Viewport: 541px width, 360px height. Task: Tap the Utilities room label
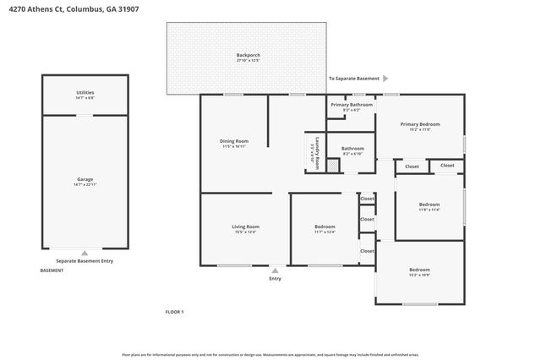tap(85, 91)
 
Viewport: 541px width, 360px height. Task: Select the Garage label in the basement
tap(85, 179)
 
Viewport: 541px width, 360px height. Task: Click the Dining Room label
tap(234, 140)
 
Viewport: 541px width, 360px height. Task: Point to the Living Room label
tap(245, 226)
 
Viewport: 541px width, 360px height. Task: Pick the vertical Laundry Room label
tap(317, 153)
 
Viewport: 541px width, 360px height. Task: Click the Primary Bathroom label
tap(351, 106)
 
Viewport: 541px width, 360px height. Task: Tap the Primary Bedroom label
tap(420, 124)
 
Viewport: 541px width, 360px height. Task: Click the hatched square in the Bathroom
tap(333, 166)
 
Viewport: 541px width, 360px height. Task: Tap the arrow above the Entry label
tap(275, 270)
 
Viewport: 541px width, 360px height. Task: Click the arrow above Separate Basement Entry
tap(84, 253)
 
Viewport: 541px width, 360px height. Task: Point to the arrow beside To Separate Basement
tap(385, 78)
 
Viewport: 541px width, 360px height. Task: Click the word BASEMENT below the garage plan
tap(52, 270)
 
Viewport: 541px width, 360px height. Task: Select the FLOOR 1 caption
tap(174, 312)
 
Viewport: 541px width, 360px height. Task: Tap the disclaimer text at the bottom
tap(270, 356)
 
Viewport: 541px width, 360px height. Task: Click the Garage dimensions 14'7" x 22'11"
tap(85, 184)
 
